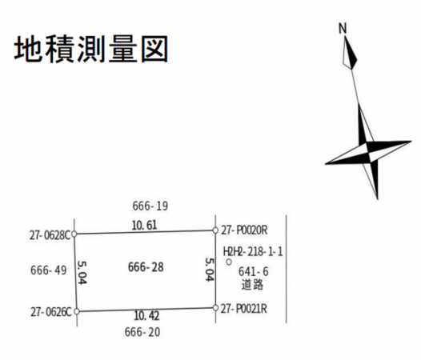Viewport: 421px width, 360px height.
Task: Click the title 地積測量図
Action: [x=91, y=50]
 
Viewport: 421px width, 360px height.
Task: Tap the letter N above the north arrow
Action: [x=343, y=29]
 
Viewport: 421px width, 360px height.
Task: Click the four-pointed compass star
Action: [x=368, y=152]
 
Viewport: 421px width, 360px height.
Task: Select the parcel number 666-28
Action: [x=146, y=267]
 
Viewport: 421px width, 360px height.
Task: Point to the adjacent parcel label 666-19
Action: [x=150, y=206]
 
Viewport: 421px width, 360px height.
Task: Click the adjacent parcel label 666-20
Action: [x=142, y=332]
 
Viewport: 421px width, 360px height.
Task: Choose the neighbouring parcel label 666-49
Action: [x=49, y=270]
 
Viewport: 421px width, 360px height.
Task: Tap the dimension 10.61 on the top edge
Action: [x=144, y=225]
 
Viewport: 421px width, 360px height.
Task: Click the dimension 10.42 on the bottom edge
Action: [x=146, y=316]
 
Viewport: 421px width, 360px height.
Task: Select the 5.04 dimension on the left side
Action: [x=82, y=273]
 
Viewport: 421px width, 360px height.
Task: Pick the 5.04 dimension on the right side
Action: [x=210, y=270]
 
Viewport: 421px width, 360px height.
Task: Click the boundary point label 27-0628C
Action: [x=50, y=235]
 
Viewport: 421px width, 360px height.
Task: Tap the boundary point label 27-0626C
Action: [x=51, y=312]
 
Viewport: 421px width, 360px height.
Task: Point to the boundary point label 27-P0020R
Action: [x=244, y=230]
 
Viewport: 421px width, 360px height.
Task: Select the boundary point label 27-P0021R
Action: [x=244, y=309]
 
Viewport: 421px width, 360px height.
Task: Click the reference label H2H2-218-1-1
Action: [x=253, y=252]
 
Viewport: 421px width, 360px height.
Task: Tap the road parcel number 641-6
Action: [x=254, y=272]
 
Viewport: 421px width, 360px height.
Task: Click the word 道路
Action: [x=252, y=285]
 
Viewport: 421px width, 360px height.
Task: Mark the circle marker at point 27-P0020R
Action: [x=215, y=230]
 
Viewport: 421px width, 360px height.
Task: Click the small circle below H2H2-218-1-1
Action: [x=229, y=262]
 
